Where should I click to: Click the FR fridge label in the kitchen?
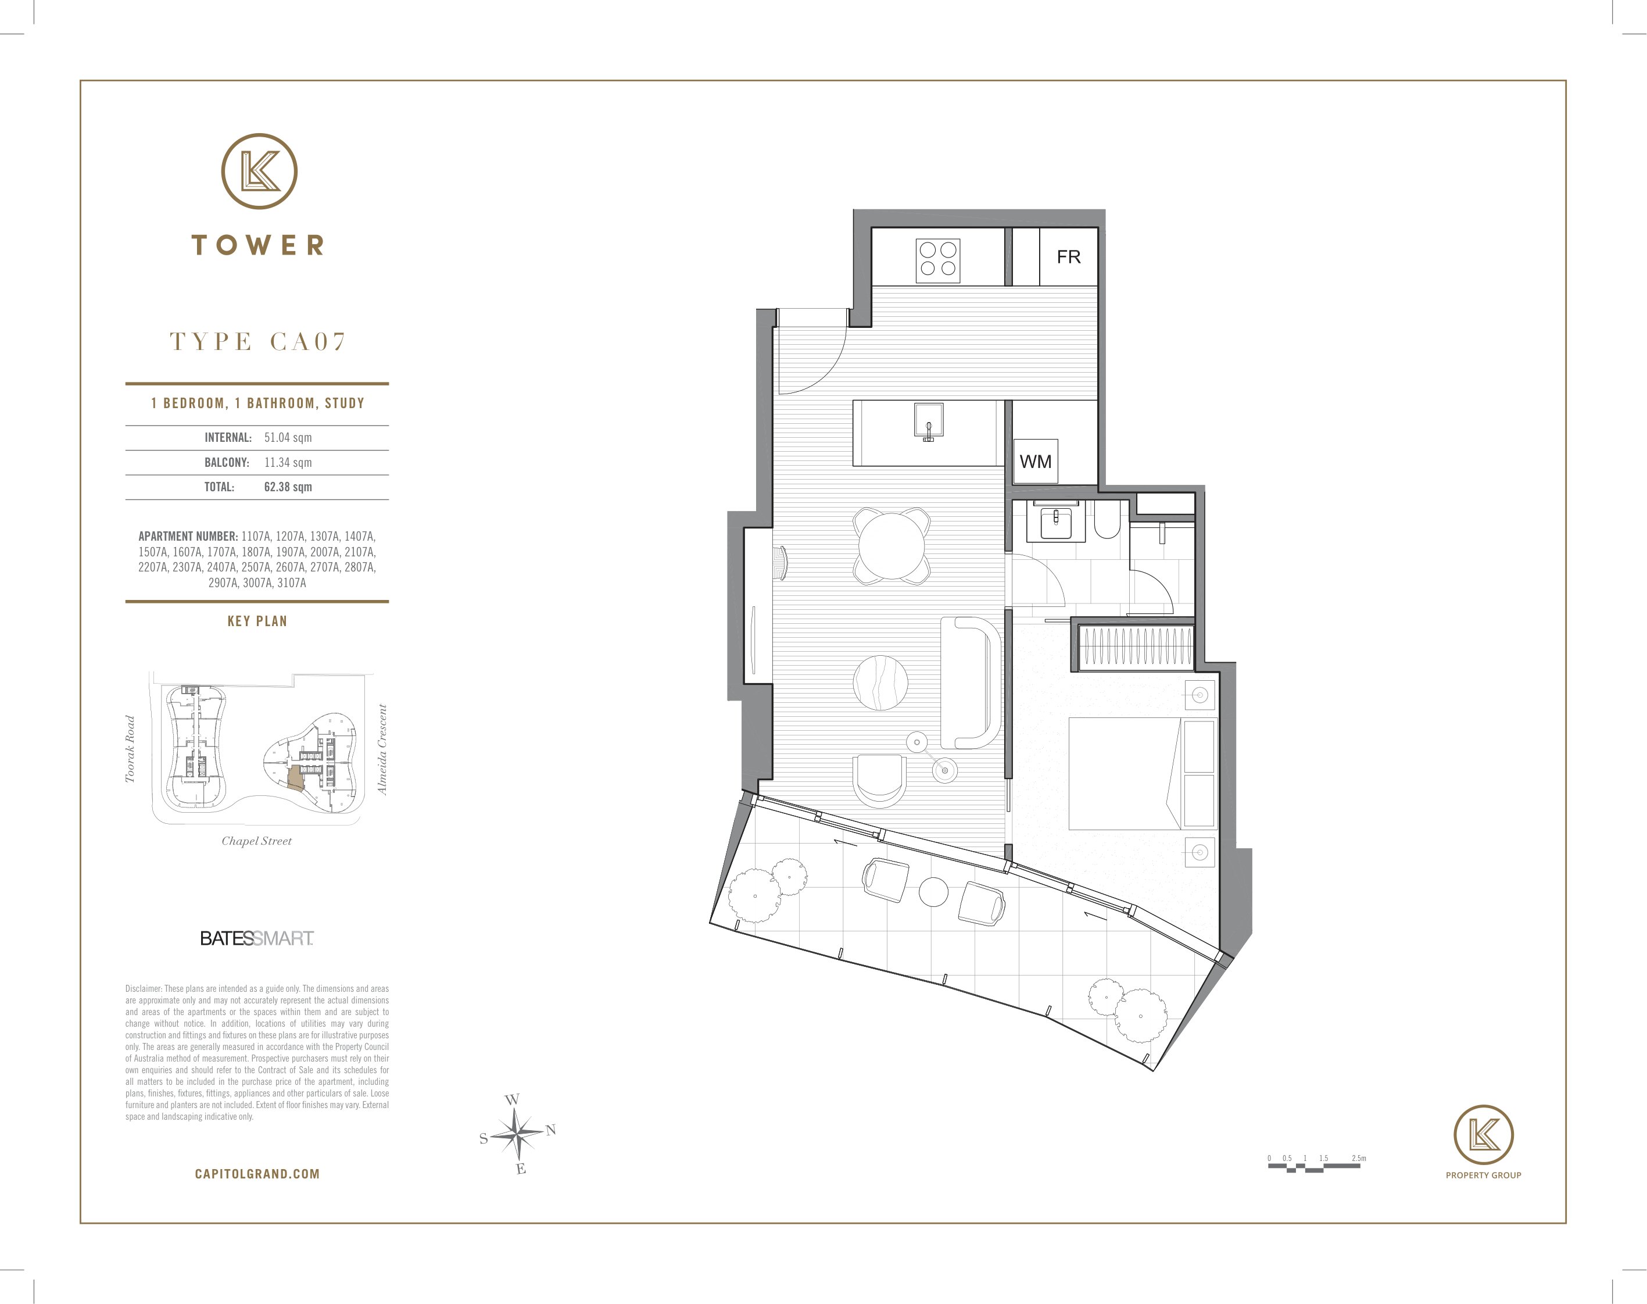tap(1069, 258)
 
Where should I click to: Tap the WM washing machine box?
tap(1036, 461)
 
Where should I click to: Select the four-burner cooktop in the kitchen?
tap(938, 260)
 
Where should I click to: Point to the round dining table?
tap(891, 546)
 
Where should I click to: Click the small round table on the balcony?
tap(933, 892)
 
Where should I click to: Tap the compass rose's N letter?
tap(551, 1130)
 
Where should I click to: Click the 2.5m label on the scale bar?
tap(1359, 1158)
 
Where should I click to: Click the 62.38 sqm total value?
tap(288, 487)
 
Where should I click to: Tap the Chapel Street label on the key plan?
tap(256, 841)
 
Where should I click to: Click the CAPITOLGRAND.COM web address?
tap(257, 1174)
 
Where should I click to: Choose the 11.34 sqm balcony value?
tap(288, 463)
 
